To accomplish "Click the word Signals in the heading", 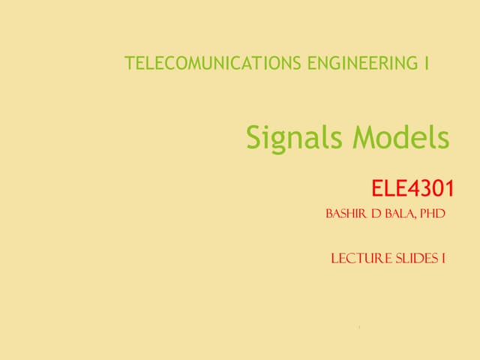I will [x=295, y=138].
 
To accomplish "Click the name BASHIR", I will [x=345, y=214].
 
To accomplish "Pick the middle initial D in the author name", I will [x=373, y=214].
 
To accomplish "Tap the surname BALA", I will [x=398, y=214].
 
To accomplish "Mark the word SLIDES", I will [x=415, y=259].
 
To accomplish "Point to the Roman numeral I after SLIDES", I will [x=444, y=259].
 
